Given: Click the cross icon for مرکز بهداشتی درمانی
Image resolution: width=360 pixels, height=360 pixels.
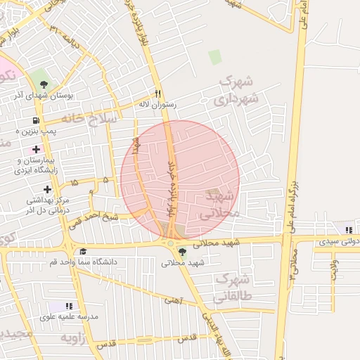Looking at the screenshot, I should coord(47,189).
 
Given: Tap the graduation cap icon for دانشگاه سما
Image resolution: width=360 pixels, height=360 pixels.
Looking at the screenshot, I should coord(82,252).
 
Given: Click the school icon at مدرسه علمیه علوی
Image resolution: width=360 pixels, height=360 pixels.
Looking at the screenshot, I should coord(68,306).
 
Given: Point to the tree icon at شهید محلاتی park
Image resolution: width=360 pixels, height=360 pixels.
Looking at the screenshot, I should coord(182,252).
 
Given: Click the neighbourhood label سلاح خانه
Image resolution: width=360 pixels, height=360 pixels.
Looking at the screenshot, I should coord(88,119).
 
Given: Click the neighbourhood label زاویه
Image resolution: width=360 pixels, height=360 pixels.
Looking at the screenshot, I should coord(78,338).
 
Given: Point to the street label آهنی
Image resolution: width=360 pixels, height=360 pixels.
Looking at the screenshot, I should coord(172,300).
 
